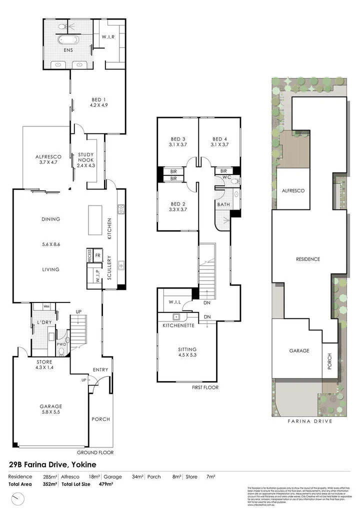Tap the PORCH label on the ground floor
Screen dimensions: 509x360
[100, 419]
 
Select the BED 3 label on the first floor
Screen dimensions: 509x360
[178, 142]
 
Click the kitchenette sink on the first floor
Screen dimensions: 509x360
[175, 316]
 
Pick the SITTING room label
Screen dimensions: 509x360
[187, 352]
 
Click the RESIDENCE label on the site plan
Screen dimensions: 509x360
[307, 259]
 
